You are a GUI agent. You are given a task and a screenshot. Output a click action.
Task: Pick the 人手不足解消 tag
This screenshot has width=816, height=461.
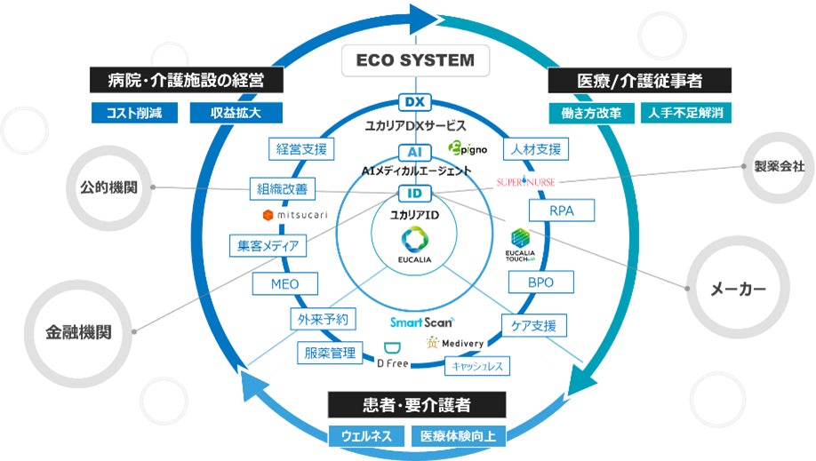(684, 113)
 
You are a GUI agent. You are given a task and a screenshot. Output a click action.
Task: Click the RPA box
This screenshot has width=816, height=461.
(561, 211)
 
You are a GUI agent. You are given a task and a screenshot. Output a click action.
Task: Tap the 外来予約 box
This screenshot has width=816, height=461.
(324, 319)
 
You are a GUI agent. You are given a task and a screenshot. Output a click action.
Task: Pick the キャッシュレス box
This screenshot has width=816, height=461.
(478, 364)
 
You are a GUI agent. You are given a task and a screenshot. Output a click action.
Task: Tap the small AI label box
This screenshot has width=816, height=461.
(415, 152)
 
